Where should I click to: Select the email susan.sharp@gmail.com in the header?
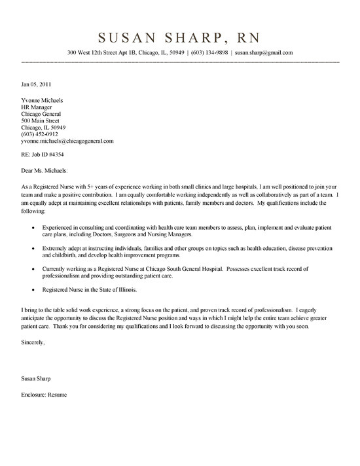264,52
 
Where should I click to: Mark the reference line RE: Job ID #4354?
40,154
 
